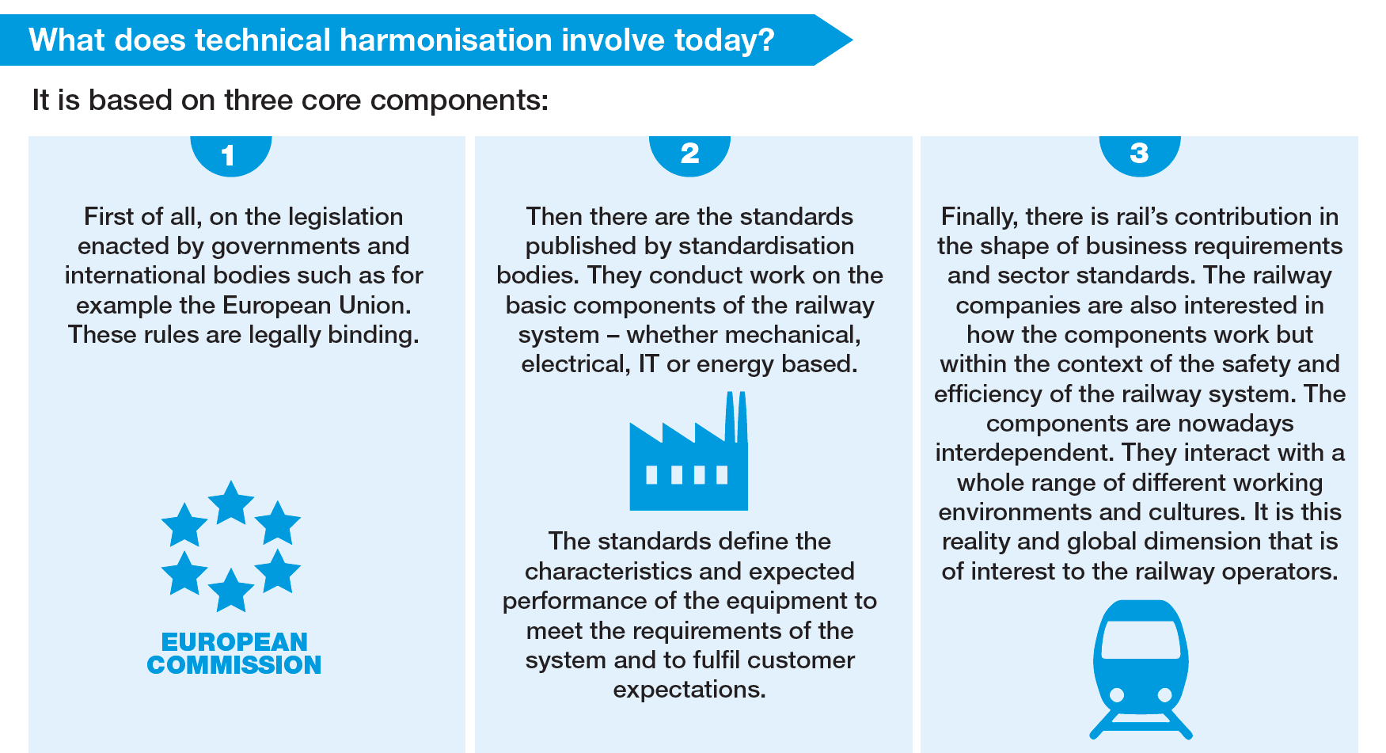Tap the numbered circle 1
(230, 154)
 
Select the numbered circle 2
(689, 154)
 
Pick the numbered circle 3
(1140, 154)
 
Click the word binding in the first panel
(373, 336)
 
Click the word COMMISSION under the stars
(234, 665)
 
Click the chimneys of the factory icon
(736, 417)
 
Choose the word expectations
(689, 690)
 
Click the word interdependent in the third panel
(1027, 453)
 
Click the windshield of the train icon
(1141, 639)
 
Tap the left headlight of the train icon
(1117, 695)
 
